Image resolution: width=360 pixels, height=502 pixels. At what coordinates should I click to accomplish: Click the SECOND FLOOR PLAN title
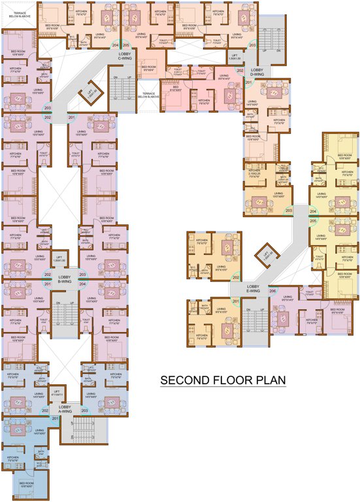[223, 380]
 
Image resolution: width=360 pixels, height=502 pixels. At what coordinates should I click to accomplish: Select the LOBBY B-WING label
[65, 278]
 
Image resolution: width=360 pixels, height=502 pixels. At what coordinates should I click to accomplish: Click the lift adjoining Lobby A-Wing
[57, 393]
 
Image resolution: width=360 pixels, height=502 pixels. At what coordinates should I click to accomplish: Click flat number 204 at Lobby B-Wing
[83, 284]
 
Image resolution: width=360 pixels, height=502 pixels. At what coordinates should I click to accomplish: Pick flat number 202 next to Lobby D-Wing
[240, 71]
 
